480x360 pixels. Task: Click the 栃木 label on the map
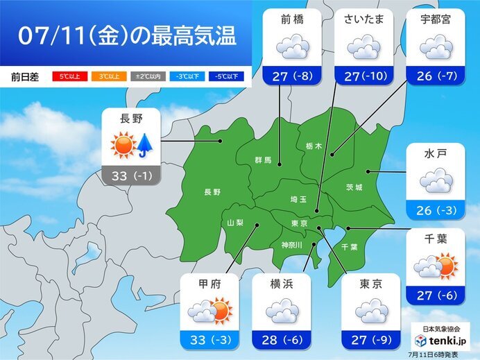click(x=313, y=146)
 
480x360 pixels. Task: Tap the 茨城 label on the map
click(x=354, y=187)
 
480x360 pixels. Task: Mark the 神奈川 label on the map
click(x=291, y=244)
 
